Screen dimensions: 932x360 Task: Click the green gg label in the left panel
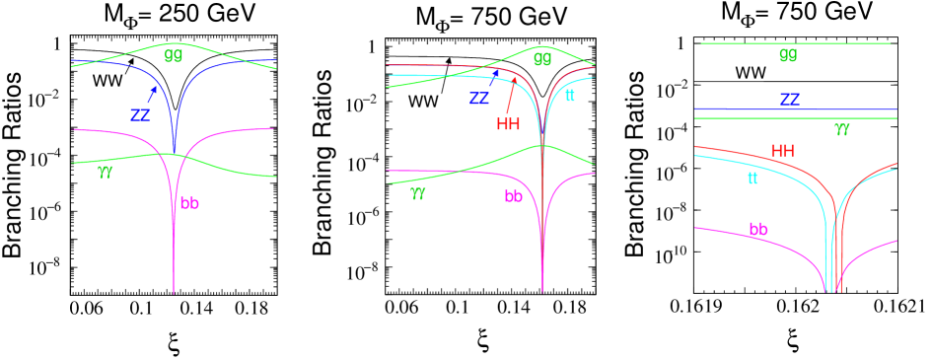[x=174, y=55]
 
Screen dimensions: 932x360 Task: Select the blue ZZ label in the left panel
[x=141, y=115]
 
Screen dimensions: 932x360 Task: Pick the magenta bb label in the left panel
[x=189, y=204]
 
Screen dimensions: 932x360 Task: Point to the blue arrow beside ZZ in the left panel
[x=152, y=95]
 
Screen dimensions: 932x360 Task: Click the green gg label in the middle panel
[x=542, y=58]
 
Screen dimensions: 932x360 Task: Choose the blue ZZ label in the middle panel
[x=479, y=99]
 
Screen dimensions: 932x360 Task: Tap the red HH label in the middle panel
[x=508, y=124]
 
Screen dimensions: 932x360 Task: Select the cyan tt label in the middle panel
[x=570, y=96]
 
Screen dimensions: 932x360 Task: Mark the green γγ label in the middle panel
[x=418, y=193]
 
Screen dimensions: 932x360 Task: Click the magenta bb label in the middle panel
[x=514, y=196]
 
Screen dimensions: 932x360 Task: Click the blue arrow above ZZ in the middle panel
[x=494, y=78]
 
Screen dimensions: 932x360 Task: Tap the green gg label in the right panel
[x=787, y=55]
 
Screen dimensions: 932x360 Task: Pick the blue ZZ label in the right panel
[x=790, y=100]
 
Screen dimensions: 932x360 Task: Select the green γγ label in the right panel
[x=842, y=128]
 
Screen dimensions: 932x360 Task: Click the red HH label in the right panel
[x=782, y=151]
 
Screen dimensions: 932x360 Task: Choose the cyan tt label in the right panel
[x=753, y=179]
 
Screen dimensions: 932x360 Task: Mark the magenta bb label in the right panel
[x=758, y=230]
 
